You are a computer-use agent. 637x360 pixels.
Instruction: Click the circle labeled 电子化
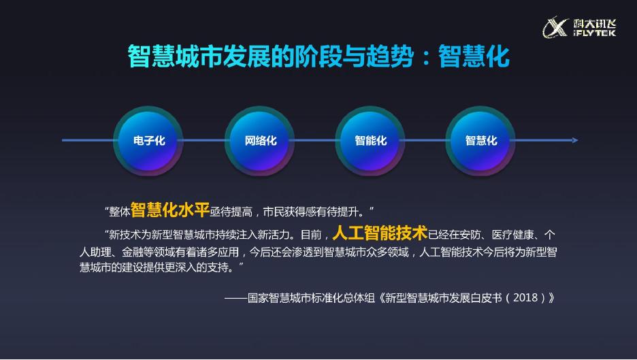[149, 141]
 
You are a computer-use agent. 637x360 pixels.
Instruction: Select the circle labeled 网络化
[261, 141]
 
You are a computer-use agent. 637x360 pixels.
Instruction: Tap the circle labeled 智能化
[371, 141]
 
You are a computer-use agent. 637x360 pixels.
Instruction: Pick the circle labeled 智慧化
[481, 141]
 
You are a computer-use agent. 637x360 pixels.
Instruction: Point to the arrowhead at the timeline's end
[575, 140]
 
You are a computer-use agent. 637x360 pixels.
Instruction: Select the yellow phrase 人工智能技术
[380, 233]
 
